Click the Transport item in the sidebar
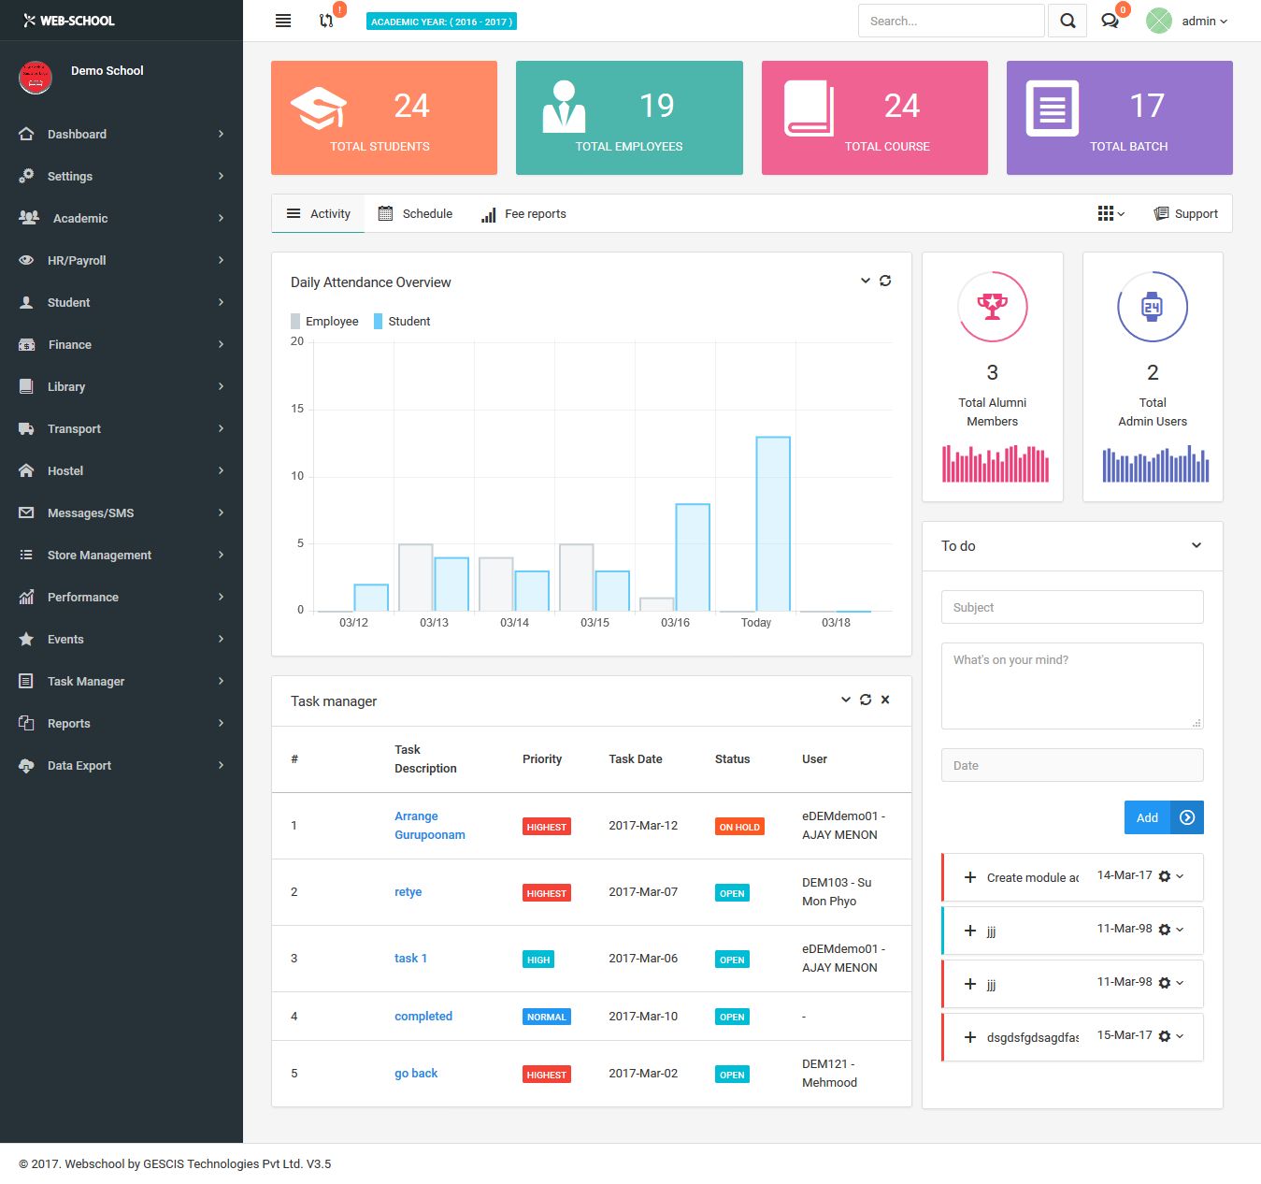tap(74, 428)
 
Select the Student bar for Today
tap(773, 524)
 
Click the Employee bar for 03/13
tap(415, 577)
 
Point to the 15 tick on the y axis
tap(297, 409)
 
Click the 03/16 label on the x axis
tap(675, 623)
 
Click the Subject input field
tap(1071, 607)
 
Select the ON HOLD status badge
tap(739, 827)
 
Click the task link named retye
tap(408, 892)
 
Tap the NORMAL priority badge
tap(546, 1017)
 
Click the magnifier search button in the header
tap(1068, 21)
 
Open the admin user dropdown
tap(1203, 21)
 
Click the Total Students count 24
tap(411, 106)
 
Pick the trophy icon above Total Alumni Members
tap(992, 306)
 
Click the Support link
tap(1186, 214)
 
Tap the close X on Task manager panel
tap(885, 700)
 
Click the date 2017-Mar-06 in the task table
tap(643, 959)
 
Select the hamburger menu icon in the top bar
tap(283, 21)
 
